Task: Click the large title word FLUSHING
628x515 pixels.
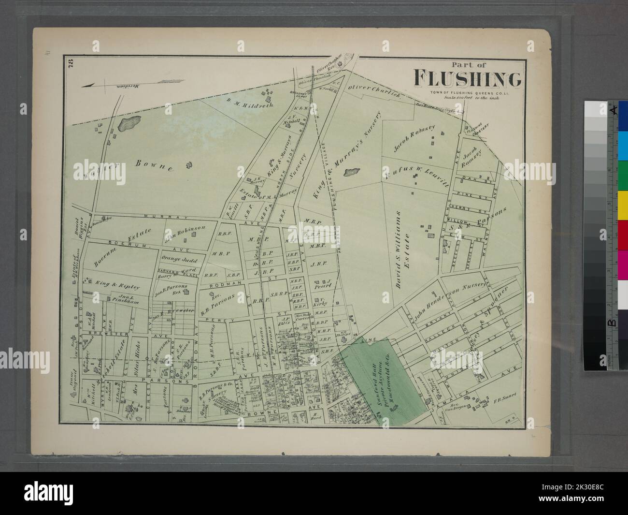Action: (467, 79)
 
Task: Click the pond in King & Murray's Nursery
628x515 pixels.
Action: (354, 172)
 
